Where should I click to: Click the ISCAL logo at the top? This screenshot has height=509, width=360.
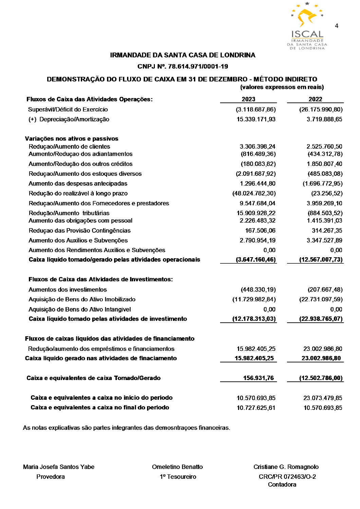pyautogui.click(x=307, y=26)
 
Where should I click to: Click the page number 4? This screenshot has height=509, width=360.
pyautogui.click(x=336, y=26)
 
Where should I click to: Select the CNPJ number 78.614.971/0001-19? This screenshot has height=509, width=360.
pyautogui.click(x=198, y=67)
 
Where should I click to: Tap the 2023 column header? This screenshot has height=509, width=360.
pyautogui.click(x=248, y=99)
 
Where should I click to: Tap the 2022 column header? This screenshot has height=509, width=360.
pyautogui.click(x=315, y=99)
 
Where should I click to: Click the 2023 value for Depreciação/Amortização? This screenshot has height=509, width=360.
pyautogui.click(x=256, y=119)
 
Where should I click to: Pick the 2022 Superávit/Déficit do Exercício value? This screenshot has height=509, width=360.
pyautogui.click(x=321, y=110)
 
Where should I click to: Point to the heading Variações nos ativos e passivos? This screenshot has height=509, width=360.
pyautogui.click(x=72, y=139)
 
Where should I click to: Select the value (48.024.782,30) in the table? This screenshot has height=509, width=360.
pyautogui.click(x=254, y=193)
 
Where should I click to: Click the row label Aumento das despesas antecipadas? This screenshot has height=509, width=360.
pyautogui.click(x=78, y=184)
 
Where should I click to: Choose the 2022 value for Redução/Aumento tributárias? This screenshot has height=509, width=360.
pyautogui.click(x=325, y=213)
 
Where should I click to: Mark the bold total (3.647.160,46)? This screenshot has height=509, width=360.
pyautogui.click(x=255, y=260)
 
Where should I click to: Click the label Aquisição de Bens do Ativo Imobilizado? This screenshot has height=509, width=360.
pyautogui.click(x=82, y=300)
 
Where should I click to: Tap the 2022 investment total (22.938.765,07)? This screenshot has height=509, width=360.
pyautogui.click(x=321, y=319)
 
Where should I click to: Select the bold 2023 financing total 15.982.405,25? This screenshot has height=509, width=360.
pyautogui.click(x=254, y=358)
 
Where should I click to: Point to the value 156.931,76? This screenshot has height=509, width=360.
pyautogui.click(x=258, y=378)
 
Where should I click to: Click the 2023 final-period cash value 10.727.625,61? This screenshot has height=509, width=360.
pyautogui.click(x=256, y=408)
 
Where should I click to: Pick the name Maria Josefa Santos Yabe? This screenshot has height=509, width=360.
pyautogui.click(x=59, y=467)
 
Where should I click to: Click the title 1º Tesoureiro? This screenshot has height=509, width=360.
pyautogui.click(x=178, y=477)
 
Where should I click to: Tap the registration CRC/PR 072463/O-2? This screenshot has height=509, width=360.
pyautogui.click(x=287, y=477)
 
